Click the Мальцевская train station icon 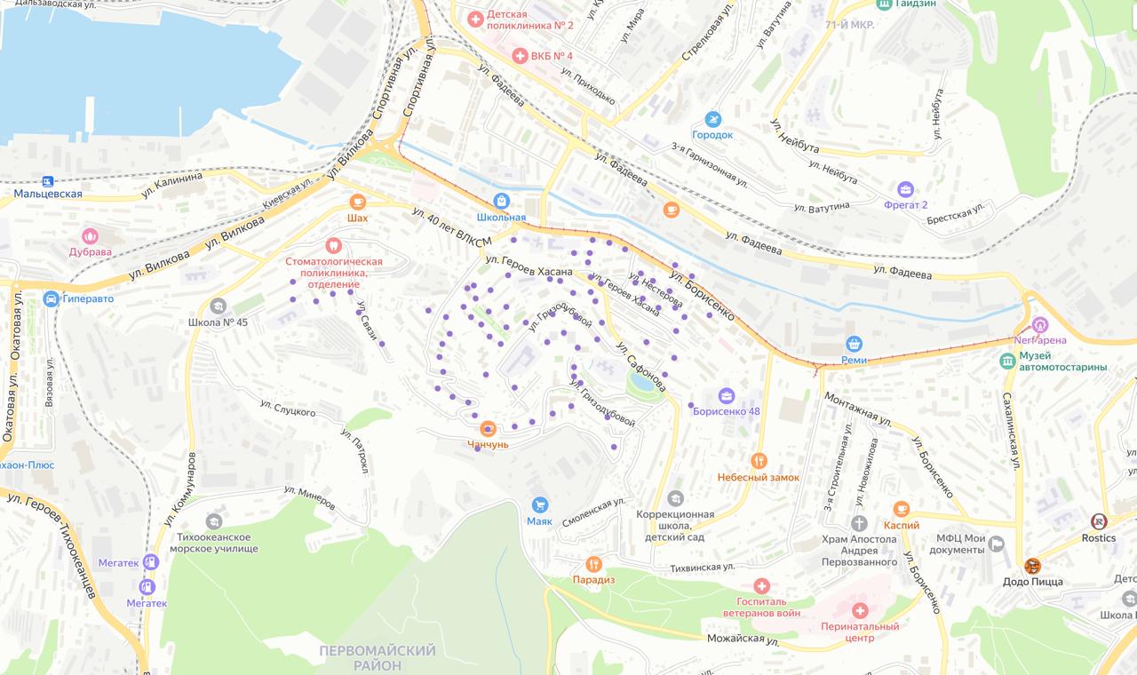tap(46, 180)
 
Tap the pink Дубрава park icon tap(90, 236)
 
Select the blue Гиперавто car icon tap(51, 298)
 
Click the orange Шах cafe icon tap(357, 202)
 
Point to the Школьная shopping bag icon tap(502, 201)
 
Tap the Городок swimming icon tap(712, 119)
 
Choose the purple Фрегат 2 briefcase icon tap(905, 189)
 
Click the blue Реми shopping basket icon tap(854, 344)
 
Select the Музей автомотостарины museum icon tap(1007, 361)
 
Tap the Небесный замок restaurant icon tap(759, 461)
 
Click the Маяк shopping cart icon tap(539, 504)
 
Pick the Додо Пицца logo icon tap(1032, 566)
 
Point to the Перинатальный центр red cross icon tap(859, 610)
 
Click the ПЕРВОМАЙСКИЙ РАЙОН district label tap(377, 658)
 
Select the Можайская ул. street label tap(743, 639)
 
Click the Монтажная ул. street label tap(857, 407)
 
